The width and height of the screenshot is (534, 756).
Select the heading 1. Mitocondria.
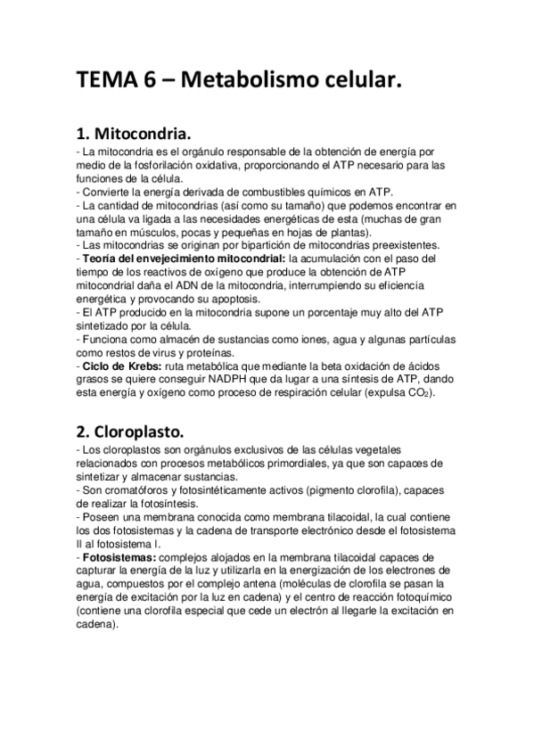134,136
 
